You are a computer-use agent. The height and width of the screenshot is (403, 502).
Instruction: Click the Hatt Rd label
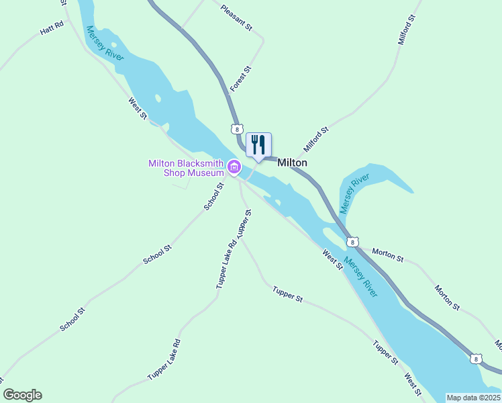pos(51,28)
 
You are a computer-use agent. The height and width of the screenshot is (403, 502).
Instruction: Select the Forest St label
pos(240,79)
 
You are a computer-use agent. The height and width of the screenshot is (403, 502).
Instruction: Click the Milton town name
pos(292,163)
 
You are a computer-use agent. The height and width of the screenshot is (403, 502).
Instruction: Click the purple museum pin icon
pos(234,167)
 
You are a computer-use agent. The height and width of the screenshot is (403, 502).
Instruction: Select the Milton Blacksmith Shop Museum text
pos(186,167)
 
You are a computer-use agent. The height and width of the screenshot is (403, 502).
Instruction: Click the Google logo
pos(22,395)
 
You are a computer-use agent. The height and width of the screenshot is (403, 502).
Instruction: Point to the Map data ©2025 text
pos(473,398)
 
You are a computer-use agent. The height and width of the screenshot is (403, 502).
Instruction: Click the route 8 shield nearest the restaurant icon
pos(236,128)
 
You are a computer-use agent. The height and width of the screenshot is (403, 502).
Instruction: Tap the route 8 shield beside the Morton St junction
pos(352,242)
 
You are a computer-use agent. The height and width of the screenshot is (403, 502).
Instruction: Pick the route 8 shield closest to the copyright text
pos(475,359)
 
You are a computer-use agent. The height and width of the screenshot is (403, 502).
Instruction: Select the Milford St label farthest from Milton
pos(407,28)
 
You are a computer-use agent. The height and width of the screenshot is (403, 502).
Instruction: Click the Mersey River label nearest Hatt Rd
pos(105,44)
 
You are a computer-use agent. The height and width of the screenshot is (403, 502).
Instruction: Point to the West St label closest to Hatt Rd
pos(138,108)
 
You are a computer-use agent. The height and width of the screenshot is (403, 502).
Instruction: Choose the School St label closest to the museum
pos(213,196)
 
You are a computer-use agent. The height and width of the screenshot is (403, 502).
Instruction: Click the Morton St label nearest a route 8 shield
pos(388,255)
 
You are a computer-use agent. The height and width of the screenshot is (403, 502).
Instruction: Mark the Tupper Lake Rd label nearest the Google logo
pos(164,360)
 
